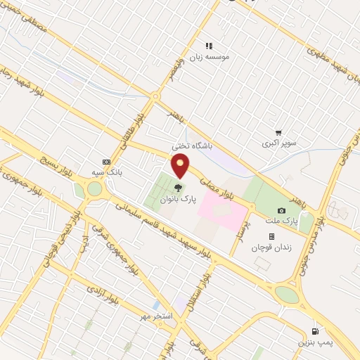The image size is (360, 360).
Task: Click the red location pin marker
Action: (181, 165)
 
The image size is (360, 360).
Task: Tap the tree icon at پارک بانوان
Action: (177, 187)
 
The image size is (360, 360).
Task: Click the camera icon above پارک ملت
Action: (282, 210)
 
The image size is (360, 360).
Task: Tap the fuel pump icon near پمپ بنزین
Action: (314, 331)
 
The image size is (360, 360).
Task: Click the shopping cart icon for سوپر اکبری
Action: (279, 132)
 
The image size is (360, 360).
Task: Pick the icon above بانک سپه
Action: (106, 161)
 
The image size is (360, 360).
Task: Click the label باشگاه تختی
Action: (192, 146)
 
